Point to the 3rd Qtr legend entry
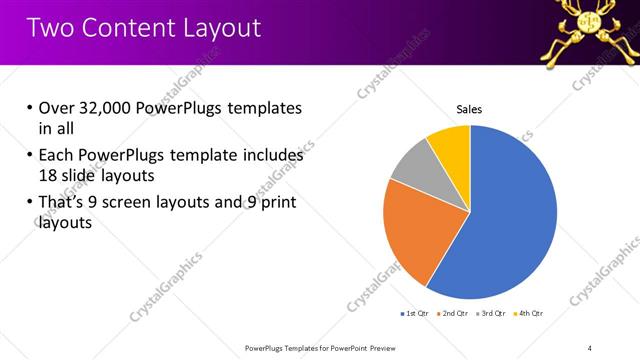tap(492, 314)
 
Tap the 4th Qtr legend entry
tap(530, 314)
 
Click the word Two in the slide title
tap(50, 28)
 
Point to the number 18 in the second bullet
tap(49, 174)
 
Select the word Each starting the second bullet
tap(58, 155)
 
